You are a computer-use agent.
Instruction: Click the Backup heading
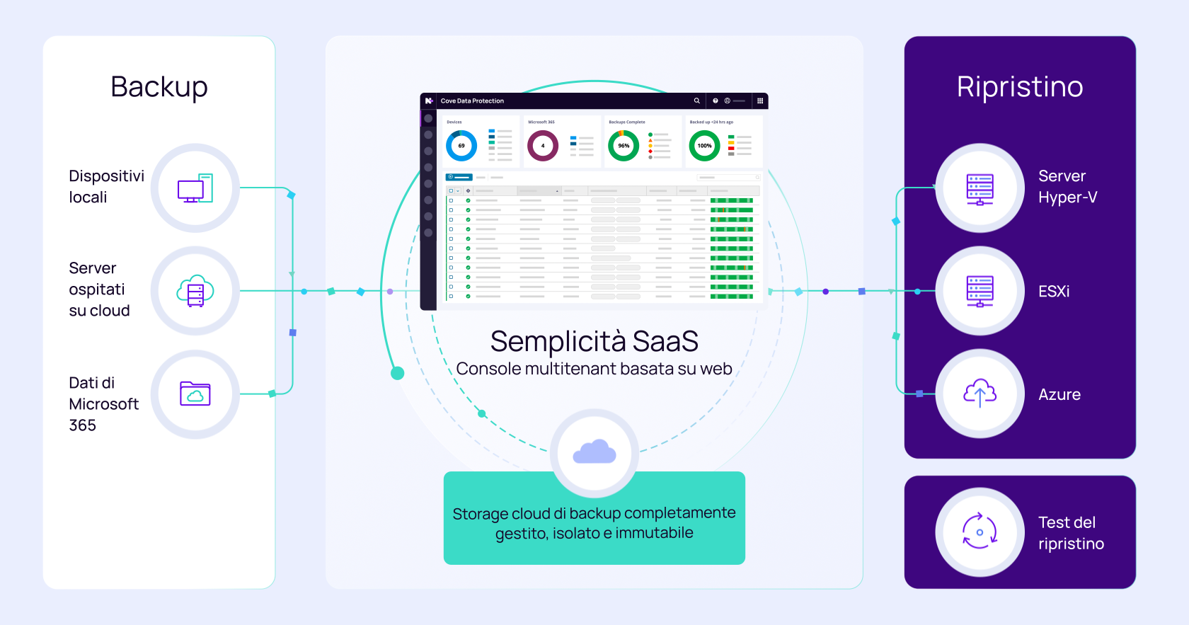(159, 87)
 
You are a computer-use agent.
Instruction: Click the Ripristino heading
(1020, 87)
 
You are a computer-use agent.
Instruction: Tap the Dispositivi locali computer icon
(195, 188)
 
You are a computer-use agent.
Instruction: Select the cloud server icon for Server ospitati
(195, 291)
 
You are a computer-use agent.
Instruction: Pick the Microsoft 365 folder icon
(195, 394)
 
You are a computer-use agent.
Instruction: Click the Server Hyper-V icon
(980, 188)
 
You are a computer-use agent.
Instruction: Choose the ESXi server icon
(980, 291)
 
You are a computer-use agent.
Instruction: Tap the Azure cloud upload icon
(980, 394)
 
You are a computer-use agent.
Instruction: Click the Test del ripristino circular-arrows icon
(980, 532)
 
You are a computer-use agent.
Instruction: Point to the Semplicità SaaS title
(594, 341)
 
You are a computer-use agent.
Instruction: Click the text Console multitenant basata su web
(594, 369)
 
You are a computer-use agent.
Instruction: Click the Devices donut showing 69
(461, 146)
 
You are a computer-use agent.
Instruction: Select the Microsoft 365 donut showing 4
(543, 146)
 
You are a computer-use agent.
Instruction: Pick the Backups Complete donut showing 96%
(624, 146)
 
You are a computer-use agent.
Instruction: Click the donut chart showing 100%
(704, 146)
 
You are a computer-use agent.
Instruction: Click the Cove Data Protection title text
(472, 101)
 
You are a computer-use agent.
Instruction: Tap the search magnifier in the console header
(696, 101)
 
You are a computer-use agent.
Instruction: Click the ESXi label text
(1054, 292)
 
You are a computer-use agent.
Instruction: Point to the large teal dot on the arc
(398, 373)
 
